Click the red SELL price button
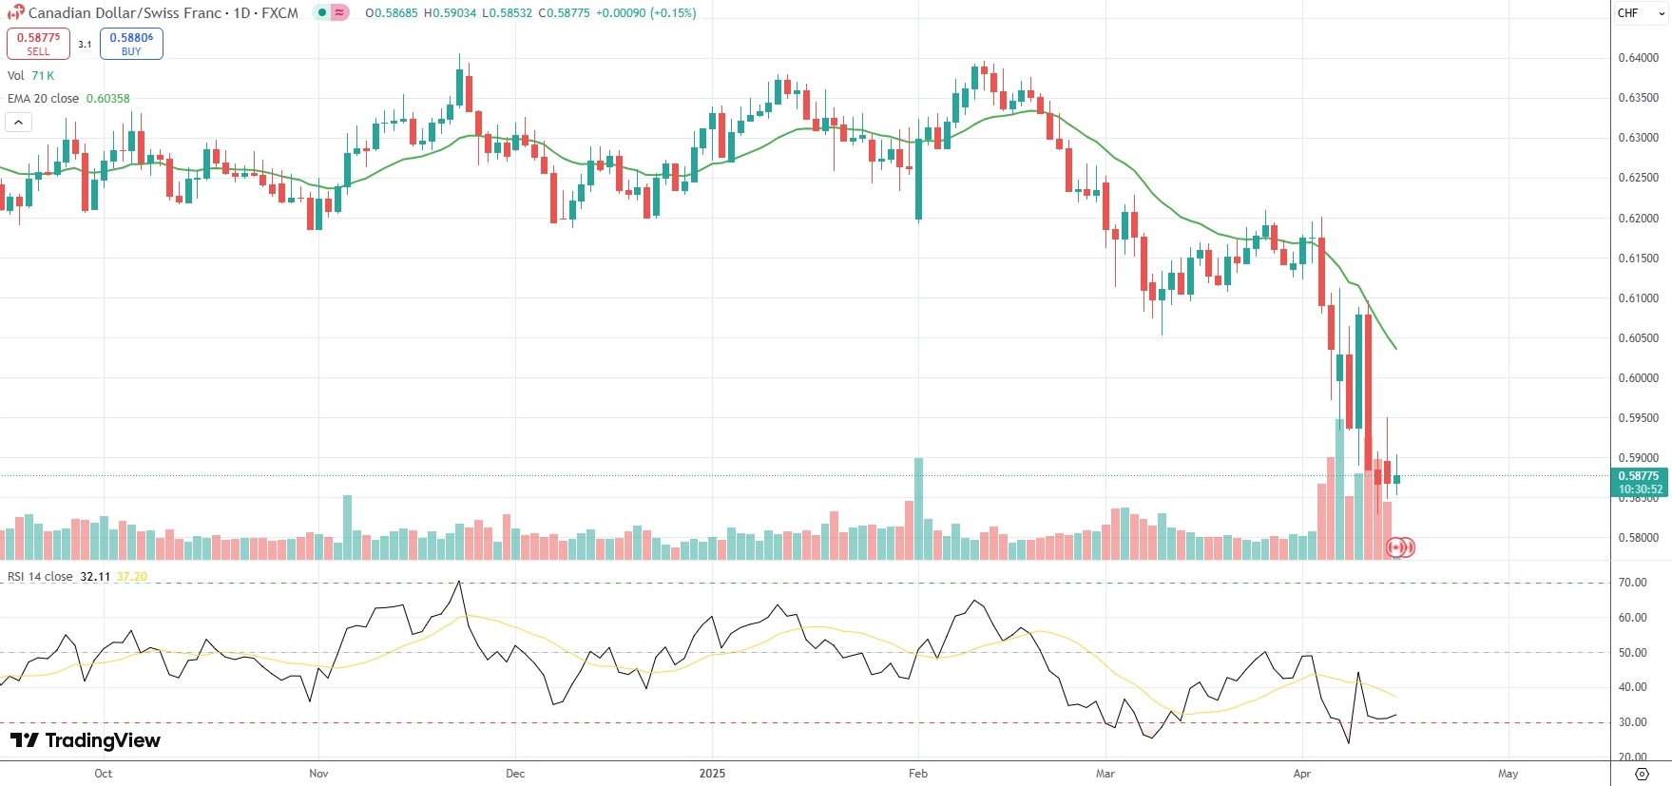pyautogui.click(x=38, y=44)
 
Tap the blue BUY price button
pyautogui.click(x=131, y=44)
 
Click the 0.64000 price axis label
pyautogui.click(x=1638, y=58)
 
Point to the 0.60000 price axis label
pyautogui.click(x=1638, y=378)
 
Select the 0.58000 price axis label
pyautogui.click(x=1638, y=538)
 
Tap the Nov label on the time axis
pyautogui.click(x=318, y=774)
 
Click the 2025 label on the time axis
pyautogui.click(x=712, y=774)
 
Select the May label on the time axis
pyautogui.click(x=1508, y=774)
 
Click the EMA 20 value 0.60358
pyautogui.click(x=107, y=99)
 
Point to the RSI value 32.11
pyautogui.click(x=95, y=577)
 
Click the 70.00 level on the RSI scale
pyautogui.click(x=1633, y=583)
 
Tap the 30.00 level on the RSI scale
pyautogui.click(x=1633, y=722)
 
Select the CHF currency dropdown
pyautogui.click(x=1640, y=13)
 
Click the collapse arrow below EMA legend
pyautogui.click(x=18, y=122)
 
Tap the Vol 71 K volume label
pyautogui.click(x=30, y=76)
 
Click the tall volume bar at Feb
pyautogui.click(x=918, y=508)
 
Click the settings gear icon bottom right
pyautogui.click(x=1641, y=774)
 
